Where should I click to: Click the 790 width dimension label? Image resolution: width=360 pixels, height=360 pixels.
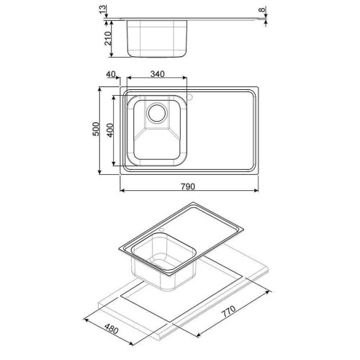click(x=188, y=186)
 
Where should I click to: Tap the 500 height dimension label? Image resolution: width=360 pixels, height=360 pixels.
click(x=96, y=129)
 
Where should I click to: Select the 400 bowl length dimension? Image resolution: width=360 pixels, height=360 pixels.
click(x=109, y=130)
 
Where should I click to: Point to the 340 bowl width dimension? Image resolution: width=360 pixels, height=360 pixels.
click(x=158, y=74)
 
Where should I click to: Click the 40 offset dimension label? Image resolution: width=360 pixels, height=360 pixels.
click(x=111, y=74)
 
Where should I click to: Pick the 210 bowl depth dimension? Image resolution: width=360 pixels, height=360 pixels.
click(x=108, y=38)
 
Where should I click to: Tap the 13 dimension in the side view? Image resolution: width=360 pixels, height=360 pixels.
click(x=102, y=9)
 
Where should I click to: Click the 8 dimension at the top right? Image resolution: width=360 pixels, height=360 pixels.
click(x=263, y=9)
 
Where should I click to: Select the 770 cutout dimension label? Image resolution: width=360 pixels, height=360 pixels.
click(x=228, y=311)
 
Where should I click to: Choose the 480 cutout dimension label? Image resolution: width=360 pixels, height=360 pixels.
click(x=112, y=328)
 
